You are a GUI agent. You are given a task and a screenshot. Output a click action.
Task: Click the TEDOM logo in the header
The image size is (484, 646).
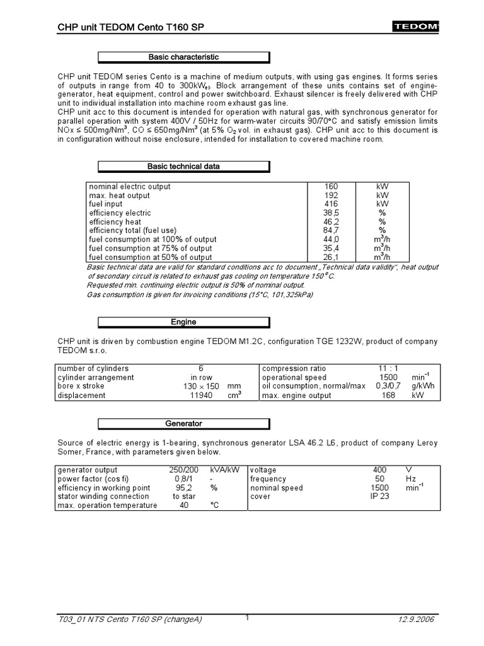[x=416, y=27]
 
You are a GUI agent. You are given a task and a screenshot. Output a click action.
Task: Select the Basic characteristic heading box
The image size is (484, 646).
[x=183, y=57]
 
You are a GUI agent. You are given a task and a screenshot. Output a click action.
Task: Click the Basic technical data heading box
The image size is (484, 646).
[x=183, y=167]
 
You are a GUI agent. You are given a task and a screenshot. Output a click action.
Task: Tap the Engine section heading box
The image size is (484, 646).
[x=183, y=322]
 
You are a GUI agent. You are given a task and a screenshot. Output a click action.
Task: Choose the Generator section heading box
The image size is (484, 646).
[x=183, y=424]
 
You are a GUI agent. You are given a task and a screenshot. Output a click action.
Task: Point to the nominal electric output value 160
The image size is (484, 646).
[x=331, y=187]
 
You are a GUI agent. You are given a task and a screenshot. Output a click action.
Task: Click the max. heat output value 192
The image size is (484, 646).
[x=331, y=196]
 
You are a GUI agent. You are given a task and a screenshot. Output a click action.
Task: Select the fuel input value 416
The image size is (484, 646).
[x=331, y=204]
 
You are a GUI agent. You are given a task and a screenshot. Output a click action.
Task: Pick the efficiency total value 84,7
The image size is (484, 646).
[x=331, y=231]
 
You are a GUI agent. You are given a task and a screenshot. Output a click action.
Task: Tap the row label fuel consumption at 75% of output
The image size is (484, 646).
[x=151, y=249]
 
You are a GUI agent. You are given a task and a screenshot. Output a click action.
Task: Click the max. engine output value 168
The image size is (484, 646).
[x=388, y=396]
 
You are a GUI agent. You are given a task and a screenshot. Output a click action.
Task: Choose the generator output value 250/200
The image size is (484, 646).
[x=183, y=470]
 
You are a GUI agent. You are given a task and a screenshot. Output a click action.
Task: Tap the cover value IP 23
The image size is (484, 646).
[x=379, y=496]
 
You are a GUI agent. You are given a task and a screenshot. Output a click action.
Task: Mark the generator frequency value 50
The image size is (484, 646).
[x=379, y=479]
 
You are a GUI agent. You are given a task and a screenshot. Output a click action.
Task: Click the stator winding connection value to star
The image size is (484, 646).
[x=183, y=496]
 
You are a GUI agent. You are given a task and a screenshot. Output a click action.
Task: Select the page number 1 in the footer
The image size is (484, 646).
[x=248, y=618]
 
